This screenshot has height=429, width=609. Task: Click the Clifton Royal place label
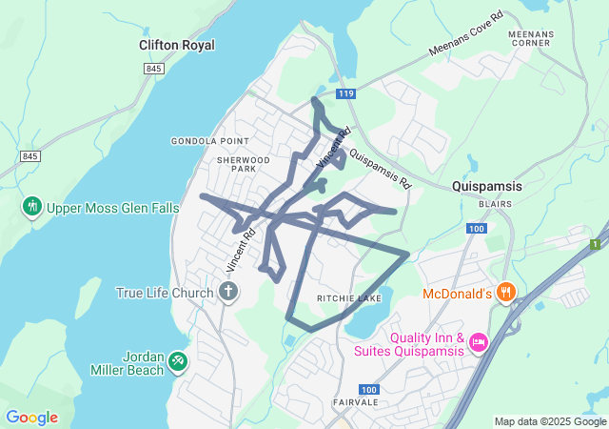pos(176,45)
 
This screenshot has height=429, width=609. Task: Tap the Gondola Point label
pos(203,141)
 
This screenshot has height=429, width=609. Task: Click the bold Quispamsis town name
pos(486,187)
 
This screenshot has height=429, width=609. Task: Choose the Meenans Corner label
pos(531,38)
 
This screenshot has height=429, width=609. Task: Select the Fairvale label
pos(356,402)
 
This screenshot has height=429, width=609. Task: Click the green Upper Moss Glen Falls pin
pos(31,206)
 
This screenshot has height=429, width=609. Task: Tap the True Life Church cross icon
pos(227,292)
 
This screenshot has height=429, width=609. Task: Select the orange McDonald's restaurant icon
pos(507,293)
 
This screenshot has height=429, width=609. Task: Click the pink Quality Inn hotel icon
pos(479,341)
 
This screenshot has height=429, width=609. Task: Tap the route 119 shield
pos(344,93)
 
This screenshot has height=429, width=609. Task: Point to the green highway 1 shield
pos(596,245)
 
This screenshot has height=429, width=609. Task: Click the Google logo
pos(31,418)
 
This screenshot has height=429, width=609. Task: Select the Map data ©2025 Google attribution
pos(550,421)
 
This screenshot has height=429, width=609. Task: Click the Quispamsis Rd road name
pos(379,168)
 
